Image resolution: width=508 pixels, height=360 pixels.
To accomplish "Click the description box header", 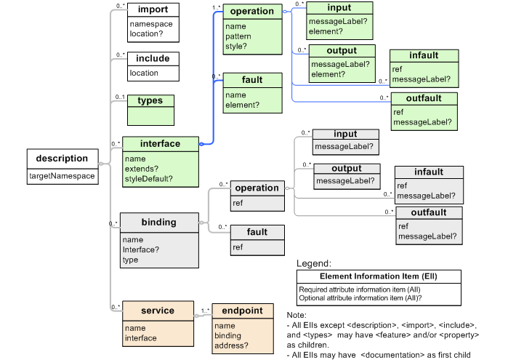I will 62,159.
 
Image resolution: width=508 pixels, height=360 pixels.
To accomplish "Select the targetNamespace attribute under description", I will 62,176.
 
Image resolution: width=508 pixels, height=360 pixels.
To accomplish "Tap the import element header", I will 153,10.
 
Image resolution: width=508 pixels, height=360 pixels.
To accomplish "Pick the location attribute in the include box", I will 144,73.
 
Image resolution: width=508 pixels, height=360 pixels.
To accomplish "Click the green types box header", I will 150,100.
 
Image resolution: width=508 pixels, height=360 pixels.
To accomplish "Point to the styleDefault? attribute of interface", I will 148,178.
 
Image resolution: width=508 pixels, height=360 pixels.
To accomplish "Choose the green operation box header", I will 252,12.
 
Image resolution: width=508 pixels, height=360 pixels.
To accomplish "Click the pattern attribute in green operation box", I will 238,36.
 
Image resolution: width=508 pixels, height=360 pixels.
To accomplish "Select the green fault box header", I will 252,79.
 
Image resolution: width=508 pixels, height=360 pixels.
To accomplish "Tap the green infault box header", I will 424,56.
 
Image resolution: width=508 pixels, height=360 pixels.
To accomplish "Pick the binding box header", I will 158,222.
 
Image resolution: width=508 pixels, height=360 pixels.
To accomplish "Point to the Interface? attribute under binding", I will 141,249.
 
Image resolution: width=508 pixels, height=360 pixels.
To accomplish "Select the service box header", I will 158,311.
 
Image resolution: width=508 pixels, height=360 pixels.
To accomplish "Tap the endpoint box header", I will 243,311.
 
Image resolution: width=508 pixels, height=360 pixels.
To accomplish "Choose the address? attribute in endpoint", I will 231,346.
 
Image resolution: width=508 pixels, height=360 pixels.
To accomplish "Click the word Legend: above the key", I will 314,263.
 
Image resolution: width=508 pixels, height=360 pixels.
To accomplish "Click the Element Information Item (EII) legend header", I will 378,276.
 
